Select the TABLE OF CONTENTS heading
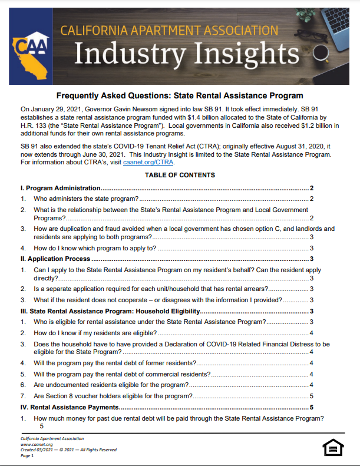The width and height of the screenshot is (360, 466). [180, 175]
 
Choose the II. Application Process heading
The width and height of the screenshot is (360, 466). [55, 259]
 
